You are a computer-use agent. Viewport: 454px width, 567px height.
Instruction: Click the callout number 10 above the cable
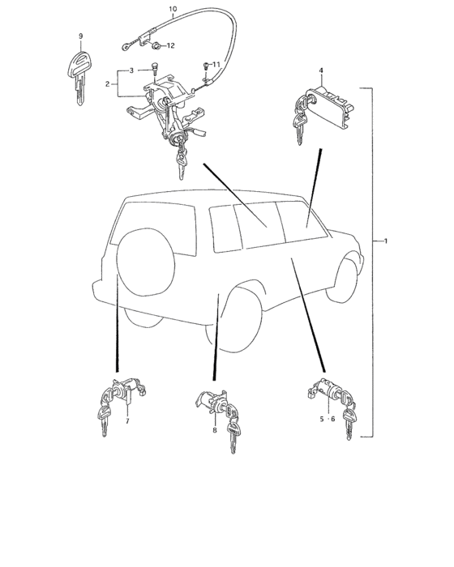point(173,9)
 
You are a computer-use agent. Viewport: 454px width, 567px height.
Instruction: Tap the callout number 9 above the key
point(81,36)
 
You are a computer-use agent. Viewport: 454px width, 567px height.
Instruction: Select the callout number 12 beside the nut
point(170,45)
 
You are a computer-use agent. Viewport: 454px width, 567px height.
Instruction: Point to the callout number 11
point(216,64)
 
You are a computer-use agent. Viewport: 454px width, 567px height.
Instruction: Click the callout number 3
point(132,70)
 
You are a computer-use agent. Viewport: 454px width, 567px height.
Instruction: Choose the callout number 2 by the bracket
point(107,84)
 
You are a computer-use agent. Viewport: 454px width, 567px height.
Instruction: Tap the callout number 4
point(321,70)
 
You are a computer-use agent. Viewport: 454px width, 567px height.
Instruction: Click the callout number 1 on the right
point(386,241)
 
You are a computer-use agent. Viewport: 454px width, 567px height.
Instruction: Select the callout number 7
point(127,421)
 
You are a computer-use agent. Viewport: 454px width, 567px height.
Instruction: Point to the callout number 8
point(215,430)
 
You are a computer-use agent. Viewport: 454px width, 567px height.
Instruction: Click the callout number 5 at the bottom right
point(322,419)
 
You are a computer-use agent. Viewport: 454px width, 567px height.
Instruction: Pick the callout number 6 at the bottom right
point(333,419)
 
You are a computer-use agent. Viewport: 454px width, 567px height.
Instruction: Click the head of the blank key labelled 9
point(79,64)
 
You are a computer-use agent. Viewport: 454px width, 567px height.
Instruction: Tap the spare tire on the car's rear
point(146,262)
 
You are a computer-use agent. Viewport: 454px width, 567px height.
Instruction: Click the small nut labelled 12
point(156,45)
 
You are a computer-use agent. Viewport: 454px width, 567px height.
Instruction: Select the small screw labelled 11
point(206,66)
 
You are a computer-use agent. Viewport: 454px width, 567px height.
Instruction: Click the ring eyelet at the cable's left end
point(125,46)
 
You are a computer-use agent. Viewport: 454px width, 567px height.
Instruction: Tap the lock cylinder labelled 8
point(212,403)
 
